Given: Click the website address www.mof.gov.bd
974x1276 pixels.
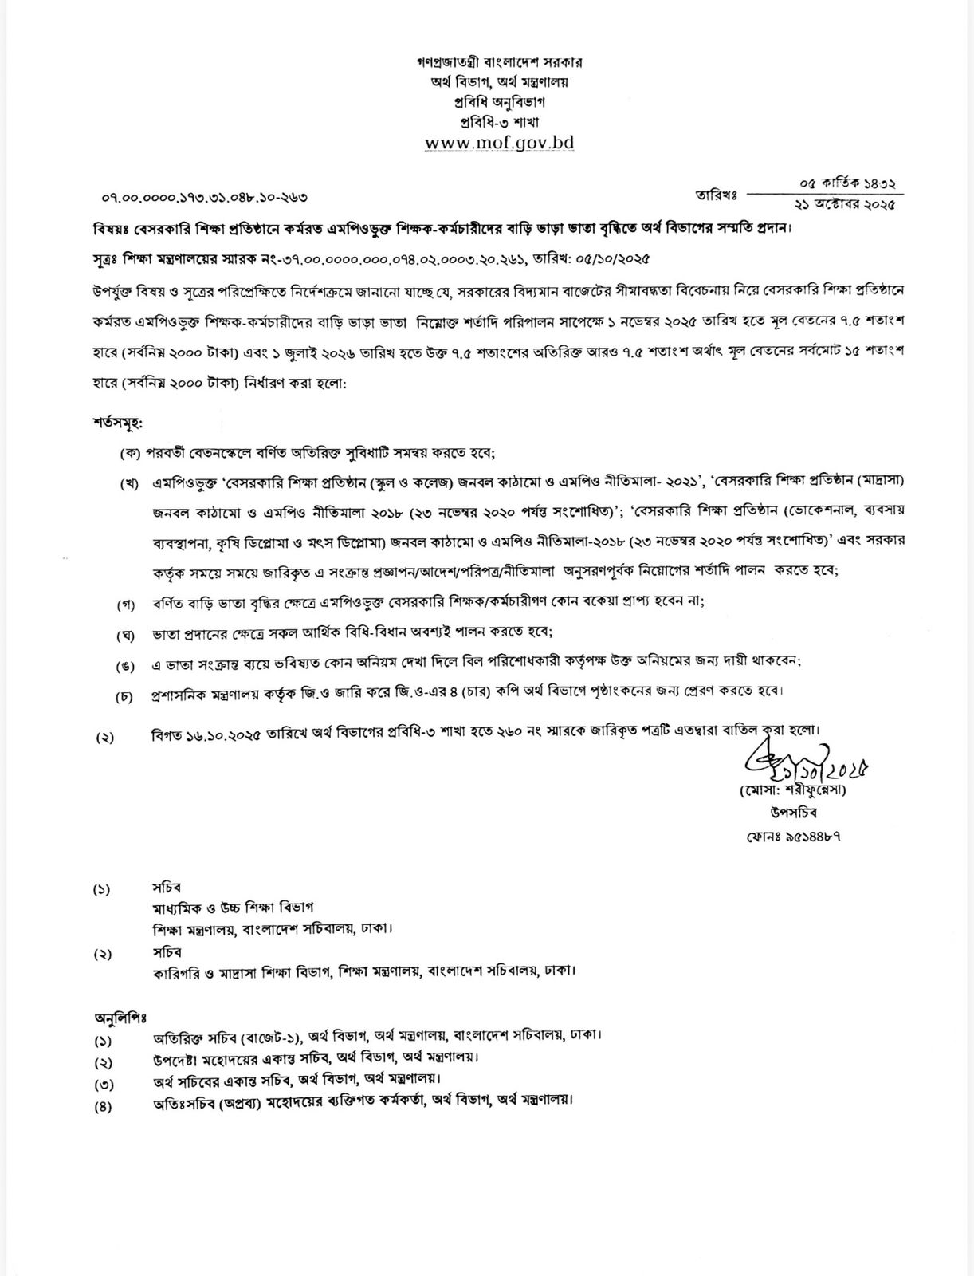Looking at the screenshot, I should pos(500,143).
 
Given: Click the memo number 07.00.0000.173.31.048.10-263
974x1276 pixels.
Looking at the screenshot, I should pos(205,196).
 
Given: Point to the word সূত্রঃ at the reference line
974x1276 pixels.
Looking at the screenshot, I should pos(108,261).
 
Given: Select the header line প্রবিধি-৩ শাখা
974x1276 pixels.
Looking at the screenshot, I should pos(500,122).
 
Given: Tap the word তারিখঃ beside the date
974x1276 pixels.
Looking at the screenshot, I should pos(717,195).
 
